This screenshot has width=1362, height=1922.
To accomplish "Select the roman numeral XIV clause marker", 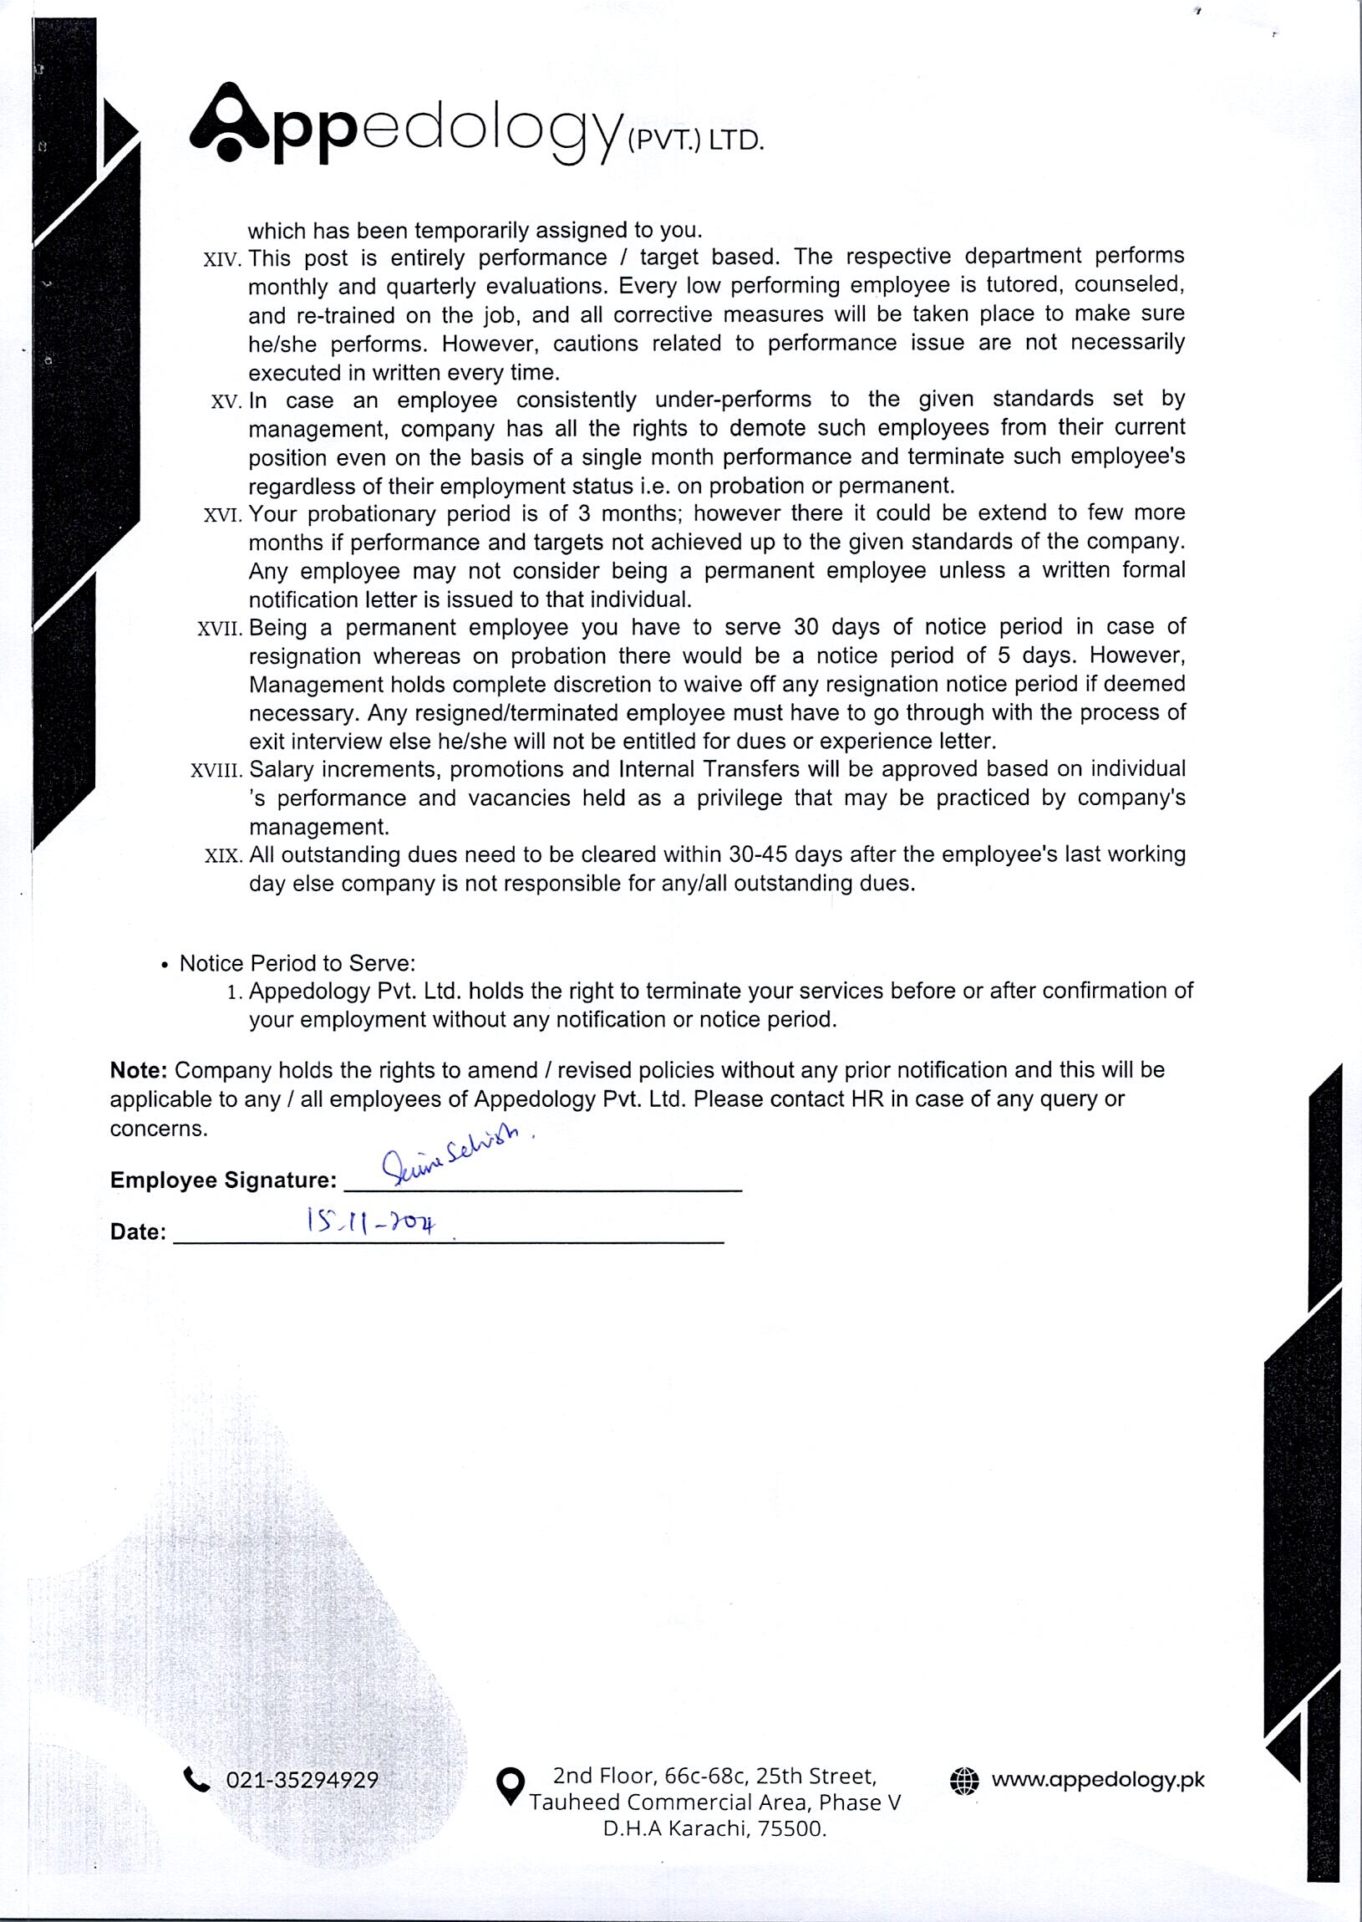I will [x=223, y=260].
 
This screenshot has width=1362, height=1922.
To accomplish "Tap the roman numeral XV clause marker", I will [x=226, y=402].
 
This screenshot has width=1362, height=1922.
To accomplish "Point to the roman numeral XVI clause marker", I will [x=223, y=515].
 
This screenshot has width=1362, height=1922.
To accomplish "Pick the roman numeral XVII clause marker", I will [x=220, y=630].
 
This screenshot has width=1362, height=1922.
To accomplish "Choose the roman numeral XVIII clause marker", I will [x=216, y=770].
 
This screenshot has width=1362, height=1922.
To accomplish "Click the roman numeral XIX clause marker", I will [x=224, y=857].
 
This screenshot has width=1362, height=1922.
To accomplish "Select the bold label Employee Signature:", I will [x=223, y=1180].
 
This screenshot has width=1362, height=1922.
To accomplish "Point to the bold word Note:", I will [x=140, y=1070].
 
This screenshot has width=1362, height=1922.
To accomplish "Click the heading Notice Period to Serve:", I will [x=297, y=963].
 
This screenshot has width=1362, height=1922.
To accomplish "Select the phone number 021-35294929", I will [x=302, y=1780].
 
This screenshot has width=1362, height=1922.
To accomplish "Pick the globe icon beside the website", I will [x=963, y=1779].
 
